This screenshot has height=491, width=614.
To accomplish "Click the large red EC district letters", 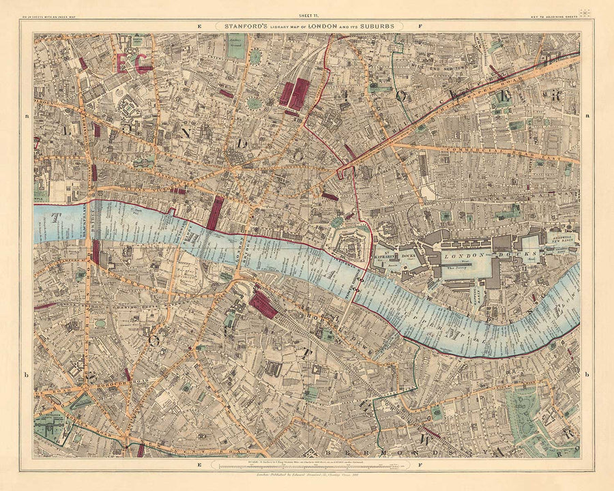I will [134, 63].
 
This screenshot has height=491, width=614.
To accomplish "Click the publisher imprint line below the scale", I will [307, 477].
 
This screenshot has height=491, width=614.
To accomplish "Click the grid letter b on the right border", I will [586, 374].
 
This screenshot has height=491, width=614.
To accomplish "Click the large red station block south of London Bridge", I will [263, 305].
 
